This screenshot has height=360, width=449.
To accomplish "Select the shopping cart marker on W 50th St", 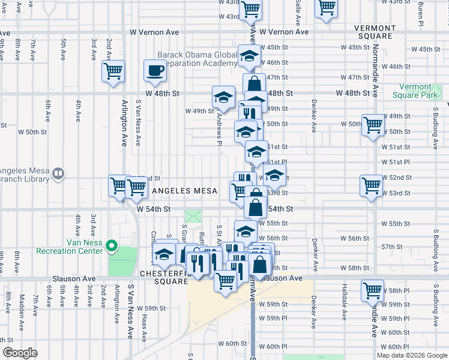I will [x=373, y=125].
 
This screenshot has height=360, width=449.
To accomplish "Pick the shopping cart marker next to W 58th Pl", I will [x=373, y=291].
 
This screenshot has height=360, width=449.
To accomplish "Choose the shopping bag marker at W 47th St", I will [x=254, y=85].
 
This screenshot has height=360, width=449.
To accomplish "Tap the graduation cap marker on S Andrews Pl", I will [x=223, y=98].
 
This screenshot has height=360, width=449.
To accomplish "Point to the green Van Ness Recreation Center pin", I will [x=111, y=246].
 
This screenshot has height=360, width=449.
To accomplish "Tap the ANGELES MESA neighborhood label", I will [x=184, y=191].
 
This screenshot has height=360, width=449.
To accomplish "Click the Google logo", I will [x=20, y=353].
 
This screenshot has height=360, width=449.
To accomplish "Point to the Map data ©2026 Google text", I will [x=412, y=355].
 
